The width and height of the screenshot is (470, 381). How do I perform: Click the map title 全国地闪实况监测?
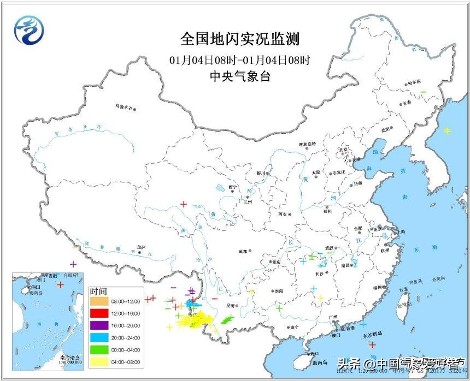pyautogui.click(x=240, y=39)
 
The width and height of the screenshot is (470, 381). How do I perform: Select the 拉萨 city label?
pyautogui.click(x=142, y=247)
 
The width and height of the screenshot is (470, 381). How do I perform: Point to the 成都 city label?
pyautogui.click(x=242, y=252)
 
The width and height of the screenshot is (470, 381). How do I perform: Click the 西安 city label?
pyautogui.click(x=282, y=214)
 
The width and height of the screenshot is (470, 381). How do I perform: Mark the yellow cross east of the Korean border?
pyautogui.click(x=447, y=130)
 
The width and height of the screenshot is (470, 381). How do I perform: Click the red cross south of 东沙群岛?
pyautogui.click(x=372, y=344)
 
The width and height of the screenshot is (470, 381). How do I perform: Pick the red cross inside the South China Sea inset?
pyautogui.click(x=61, y=285)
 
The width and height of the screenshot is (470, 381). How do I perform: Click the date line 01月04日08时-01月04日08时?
pyautogui.click(x=240, y=59)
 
